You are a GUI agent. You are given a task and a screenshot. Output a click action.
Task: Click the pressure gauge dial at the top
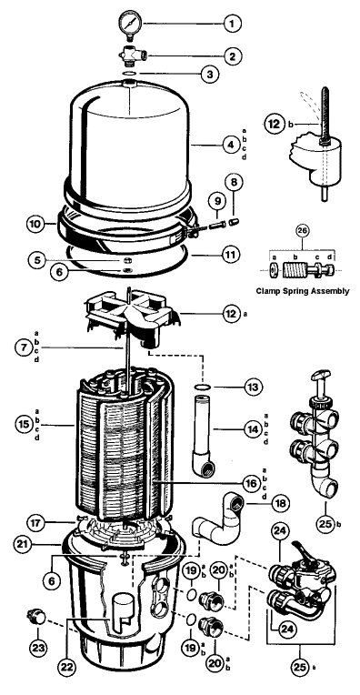(130, 22)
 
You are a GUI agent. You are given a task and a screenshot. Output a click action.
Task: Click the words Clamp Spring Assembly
(303, 291)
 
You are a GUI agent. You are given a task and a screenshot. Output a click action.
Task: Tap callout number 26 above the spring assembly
(303, 230)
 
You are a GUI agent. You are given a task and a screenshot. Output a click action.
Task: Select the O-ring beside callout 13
(202, 387)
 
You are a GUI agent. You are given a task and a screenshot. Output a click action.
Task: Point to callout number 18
(279, 504)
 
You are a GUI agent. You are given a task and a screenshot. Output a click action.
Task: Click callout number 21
(25, 543)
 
